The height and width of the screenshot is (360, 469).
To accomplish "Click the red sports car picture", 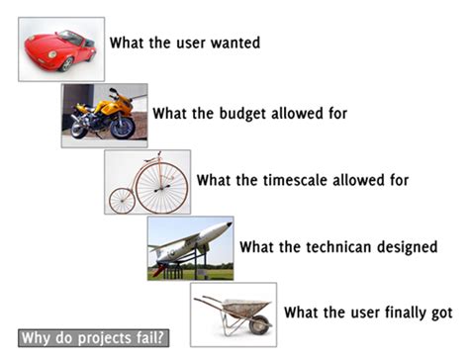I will click(59, 47).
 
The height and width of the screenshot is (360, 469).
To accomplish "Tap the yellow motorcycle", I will click(103, 114).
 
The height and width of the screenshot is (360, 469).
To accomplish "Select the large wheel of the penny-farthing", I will click(164, 184).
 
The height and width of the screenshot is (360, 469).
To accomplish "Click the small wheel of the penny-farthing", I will click(122, 199).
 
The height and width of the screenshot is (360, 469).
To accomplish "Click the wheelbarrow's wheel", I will click(257, 321).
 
